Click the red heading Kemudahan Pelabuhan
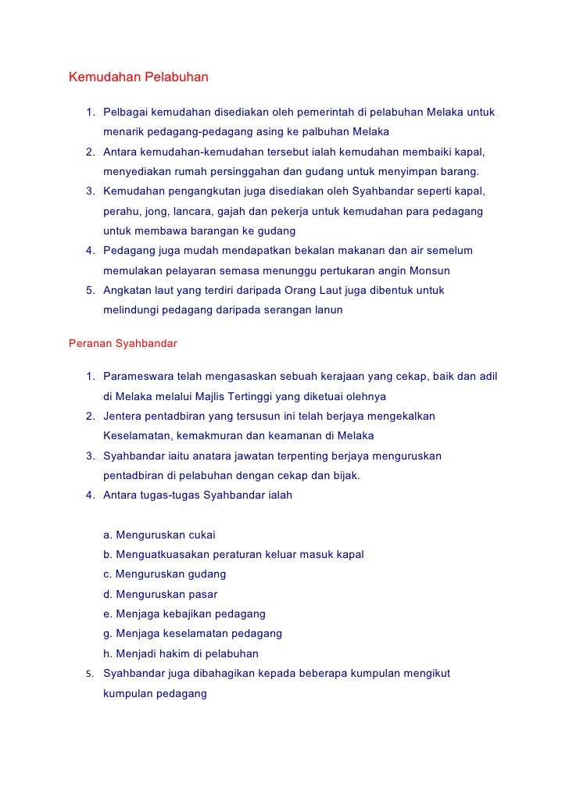138,78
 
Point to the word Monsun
430,270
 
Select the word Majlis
204,395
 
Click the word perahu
120,211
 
